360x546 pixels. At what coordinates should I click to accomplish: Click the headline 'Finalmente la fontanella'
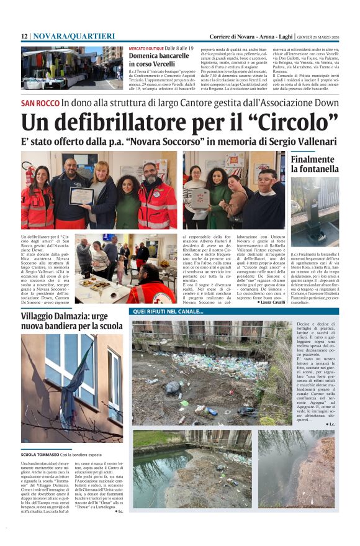[x=315, y=164]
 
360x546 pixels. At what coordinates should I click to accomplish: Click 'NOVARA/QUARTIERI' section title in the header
[x=74, y=37]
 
